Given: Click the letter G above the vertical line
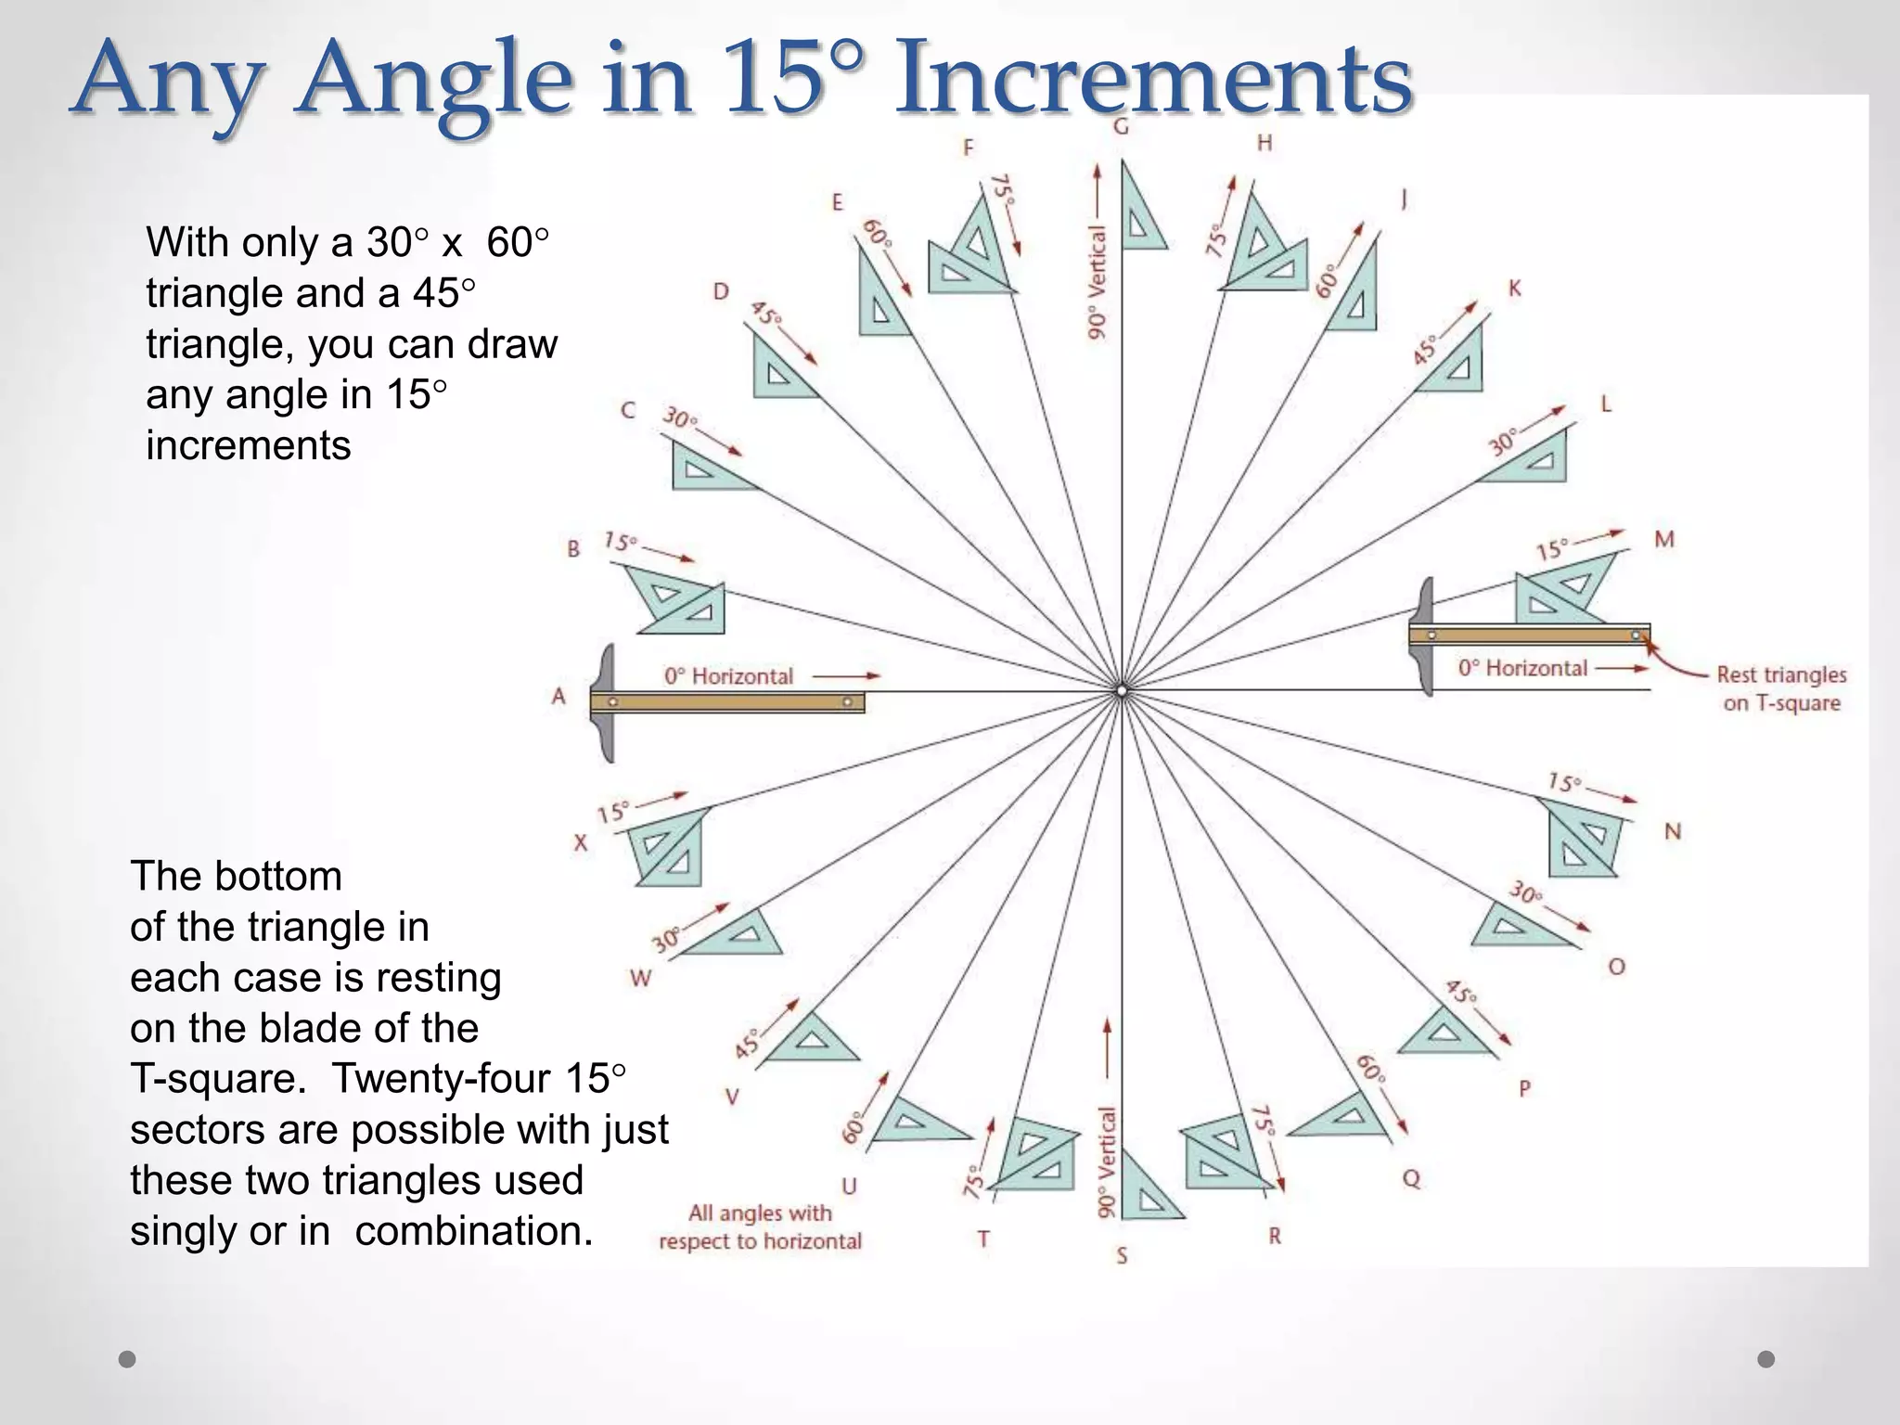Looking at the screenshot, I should [x=1121, y=126].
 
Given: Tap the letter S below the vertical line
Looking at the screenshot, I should [x=1122, y=1256].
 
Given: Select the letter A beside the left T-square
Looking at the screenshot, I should [x=558, y=696].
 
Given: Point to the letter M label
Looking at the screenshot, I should [x=1664, y=539].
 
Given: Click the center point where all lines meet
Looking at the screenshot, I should [x=1122, y=691].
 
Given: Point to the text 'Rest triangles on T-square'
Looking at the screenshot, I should [x=1781, y=688].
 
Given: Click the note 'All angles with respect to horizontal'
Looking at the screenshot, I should [x=760, y=1226].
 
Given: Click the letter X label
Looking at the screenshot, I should [x=581, y=842].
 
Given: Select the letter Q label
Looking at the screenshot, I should [x=1411, y=1178].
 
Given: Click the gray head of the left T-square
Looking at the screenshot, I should [x=606, y=702].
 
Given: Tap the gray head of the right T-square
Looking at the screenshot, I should [x=1423, y=636].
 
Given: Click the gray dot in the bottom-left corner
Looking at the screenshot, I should [x=127, y=1359].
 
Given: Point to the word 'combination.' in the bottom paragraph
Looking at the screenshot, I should [x=473, y=1231].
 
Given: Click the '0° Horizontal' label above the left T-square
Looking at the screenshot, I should [x=728, y=676].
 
